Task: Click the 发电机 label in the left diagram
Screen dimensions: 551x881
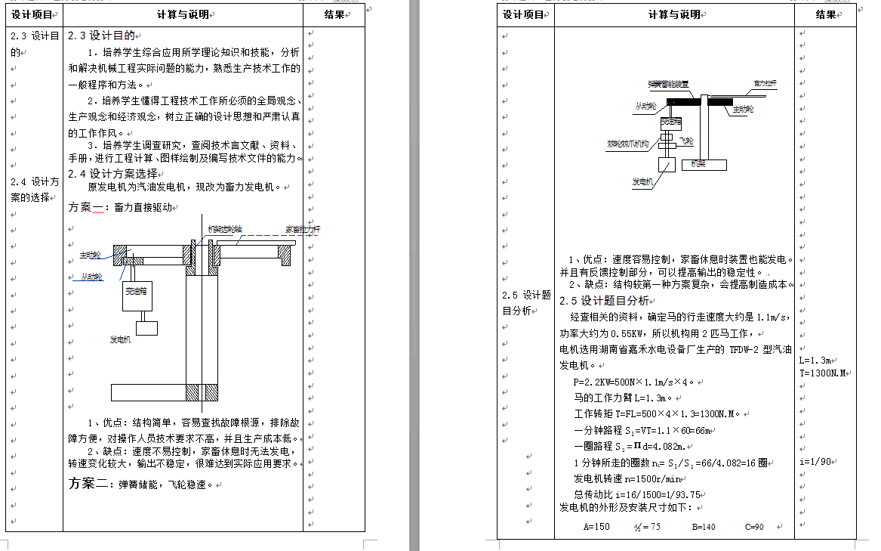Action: [121, 340]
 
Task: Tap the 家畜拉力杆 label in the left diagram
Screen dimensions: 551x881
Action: [302, 228]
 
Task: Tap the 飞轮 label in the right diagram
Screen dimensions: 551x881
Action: [686, 141]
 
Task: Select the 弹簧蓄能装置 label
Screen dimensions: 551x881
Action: [668, 83]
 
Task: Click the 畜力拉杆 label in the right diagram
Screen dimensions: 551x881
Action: [765, 82]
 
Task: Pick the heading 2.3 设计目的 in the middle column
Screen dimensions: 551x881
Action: [101, 36]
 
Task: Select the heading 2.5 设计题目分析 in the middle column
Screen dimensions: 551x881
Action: [604, 301]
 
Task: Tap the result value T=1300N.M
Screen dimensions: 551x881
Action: [826, 373]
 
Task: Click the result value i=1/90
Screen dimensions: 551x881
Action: [815, 461]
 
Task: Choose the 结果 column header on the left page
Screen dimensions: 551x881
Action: [334, 14]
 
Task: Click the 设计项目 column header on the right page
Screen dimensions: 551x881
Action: [523, 14]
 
